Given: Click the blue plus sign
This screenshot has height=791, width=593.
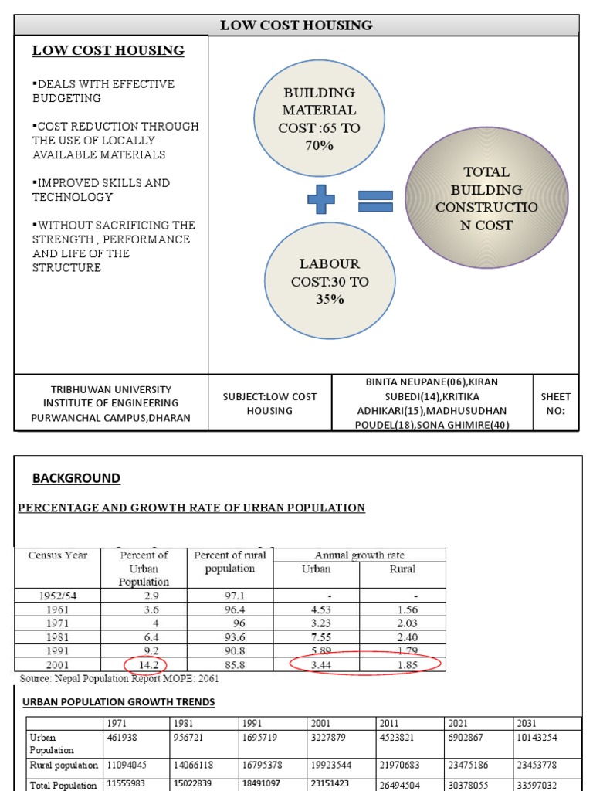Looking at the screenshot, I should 321,201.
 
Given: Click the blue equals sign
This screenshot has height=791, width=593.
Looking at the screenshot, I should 376,201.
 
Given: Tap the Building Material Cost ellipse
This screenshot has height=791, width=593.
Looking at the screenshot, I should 319,119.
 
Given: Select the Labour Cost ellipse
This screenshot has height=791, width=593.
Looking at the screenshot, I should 330,281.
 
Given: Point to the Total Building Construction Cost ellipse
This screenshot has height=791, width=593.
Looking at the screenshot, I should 486,199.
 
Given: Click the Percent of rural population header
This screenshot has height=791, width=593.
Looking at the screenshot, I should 230,562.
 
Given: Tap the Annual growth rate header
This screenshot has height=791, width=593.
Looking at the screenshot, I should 359,555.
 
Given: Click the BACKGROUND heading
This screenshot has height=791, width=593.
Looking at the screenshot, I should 76,478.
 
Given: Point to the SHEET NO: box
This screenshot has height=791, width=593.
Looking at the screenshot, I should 555,403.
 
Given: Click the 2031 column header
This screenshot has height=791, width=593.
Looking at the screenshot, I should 527,723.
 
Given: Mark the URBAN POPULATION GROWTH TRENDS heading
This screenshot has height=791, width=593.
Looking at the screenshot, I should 119,702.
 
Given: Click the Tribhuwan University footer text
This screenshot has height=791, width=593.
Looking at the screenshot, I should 111,403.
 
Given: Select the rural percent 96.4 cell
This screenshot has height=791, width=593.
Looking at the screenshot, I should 230,609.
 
